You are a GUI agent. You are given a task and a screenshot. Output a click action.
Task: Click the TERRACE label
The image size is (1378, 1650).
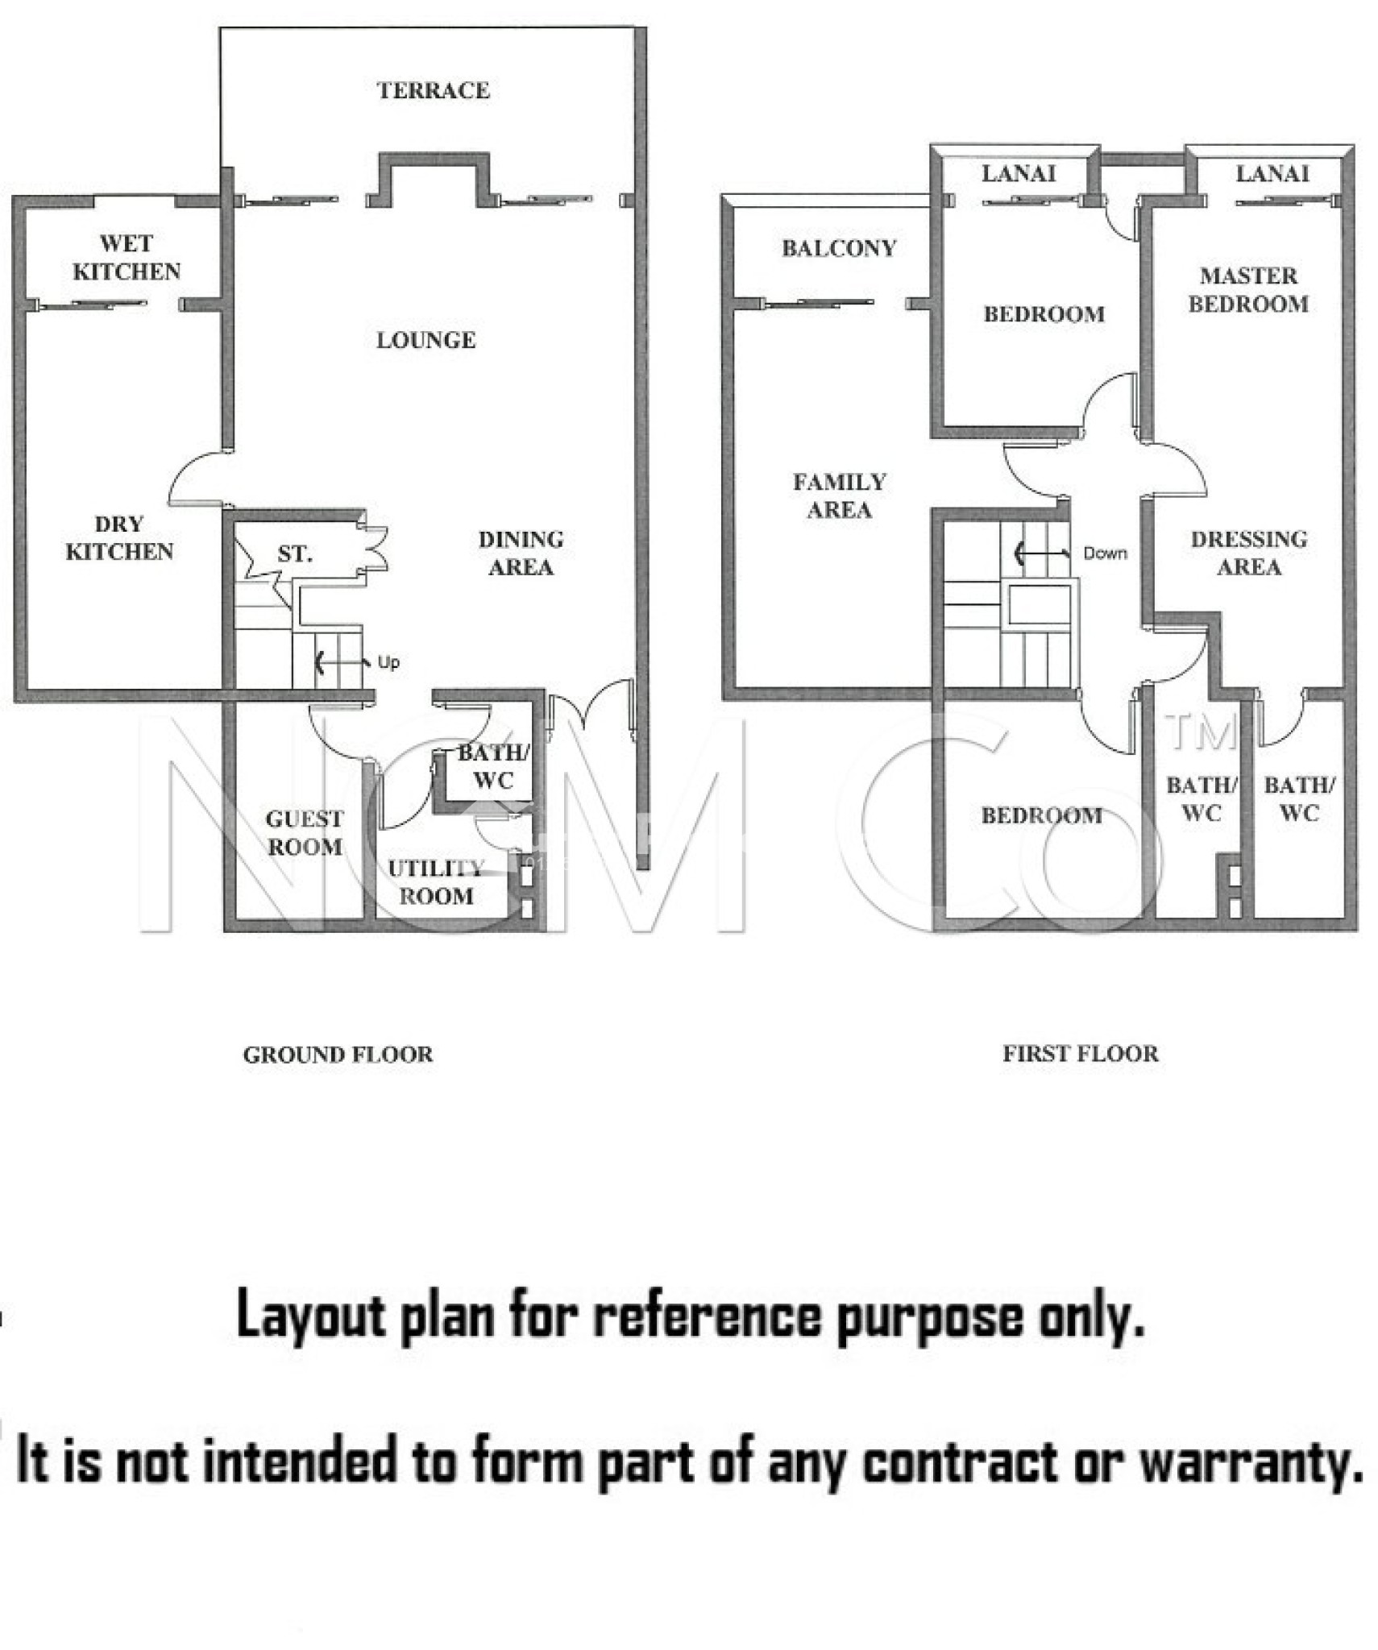pyautogui.click(x=433, y=90)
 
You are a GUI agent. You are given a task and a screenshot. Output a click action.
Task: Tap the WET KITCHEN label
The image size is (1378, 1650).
pyautogui.click(x=127, y=257)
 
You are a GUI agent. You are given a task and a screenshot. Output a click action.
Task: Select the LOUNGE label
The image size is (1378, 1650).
pyautogui.click(x=425, y=340)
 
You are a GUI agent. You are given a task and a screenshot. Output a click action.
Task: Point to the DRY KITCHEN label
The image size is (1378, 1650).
pyautogui.click(x=119, y=537)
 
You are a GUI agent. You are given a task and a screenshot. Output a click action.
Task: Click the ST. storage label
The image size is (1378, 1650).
pyautogui.click(x=294, y=554)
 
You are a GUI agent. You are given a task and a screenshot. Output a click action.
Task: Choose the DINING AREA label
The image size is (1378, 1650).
pyautogui.click(x=521, y=553)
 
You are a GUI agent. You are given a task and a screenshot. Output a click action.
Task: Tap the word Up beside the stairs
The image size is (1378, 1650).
pyautogui.click(x=388, y=662)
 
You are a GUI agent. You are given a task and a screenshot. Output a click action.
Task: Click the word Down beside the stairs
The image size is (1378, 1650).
pyautogui.click(x=1104, y=553)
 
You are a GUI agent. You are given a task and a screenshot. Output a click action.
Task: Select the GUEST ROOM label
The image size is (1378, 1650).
pyautogui.click(x=305, y=832)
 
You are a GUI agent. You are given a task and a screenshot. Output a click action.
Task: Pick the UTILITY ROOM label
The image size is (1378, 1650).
pyautogui.click(x=436, y=881)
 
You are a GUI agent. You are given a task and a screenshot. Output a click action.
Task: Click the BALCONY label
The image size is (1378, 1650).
pyautogui.click(x=839, y=248)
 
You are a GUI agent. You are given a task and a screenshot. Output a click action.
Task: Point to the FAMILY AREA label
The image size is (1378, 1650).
pyautogui.click(x=839, y=495)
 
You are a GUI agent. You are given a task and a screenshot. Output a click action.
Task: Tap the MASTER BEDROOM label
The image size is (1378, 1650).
pyautogui.click(x=1247, y=289)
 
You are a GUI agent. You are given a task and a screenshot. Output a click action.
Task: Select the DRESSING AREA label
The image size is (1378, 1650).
pyautogui.click(x=1248, y=553)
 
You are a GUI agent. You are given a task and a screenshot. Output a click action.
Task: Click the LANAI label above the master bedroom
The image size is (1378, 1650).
pyautogui.click(x=1272, y=173)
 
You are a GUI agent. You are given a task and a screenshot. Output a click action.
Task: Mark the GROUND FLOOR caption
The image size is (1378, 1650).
pyautogui.click(x=338, y=1055)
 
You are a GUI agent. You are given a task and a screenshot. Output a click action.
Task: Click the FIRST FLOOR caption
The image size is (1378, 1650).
pyautogui.click(x=1080, y=1054)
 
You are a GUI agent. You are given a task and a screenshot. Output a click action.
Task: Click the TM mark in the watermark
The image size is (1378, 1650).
pyautogui.click(x=1200, y=732)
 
